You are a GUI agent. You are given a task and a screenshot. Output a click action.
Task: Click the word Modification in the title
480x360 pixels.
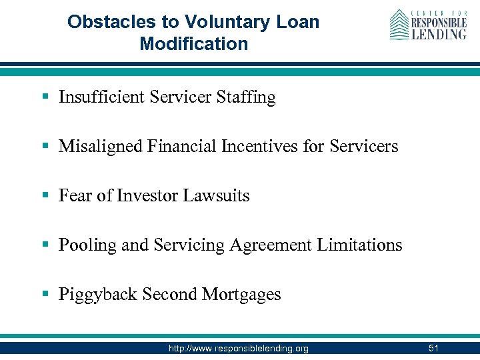193,45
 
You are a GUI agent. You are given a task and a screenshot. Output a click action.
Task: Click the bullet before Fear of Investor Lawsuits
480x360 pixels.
45,196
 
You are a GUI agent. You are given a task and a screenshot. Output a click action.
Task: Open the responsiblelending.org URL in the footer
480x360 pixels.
238,349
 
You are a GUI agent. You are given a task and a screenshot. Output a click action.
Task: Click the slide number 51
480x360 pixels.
433,348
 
